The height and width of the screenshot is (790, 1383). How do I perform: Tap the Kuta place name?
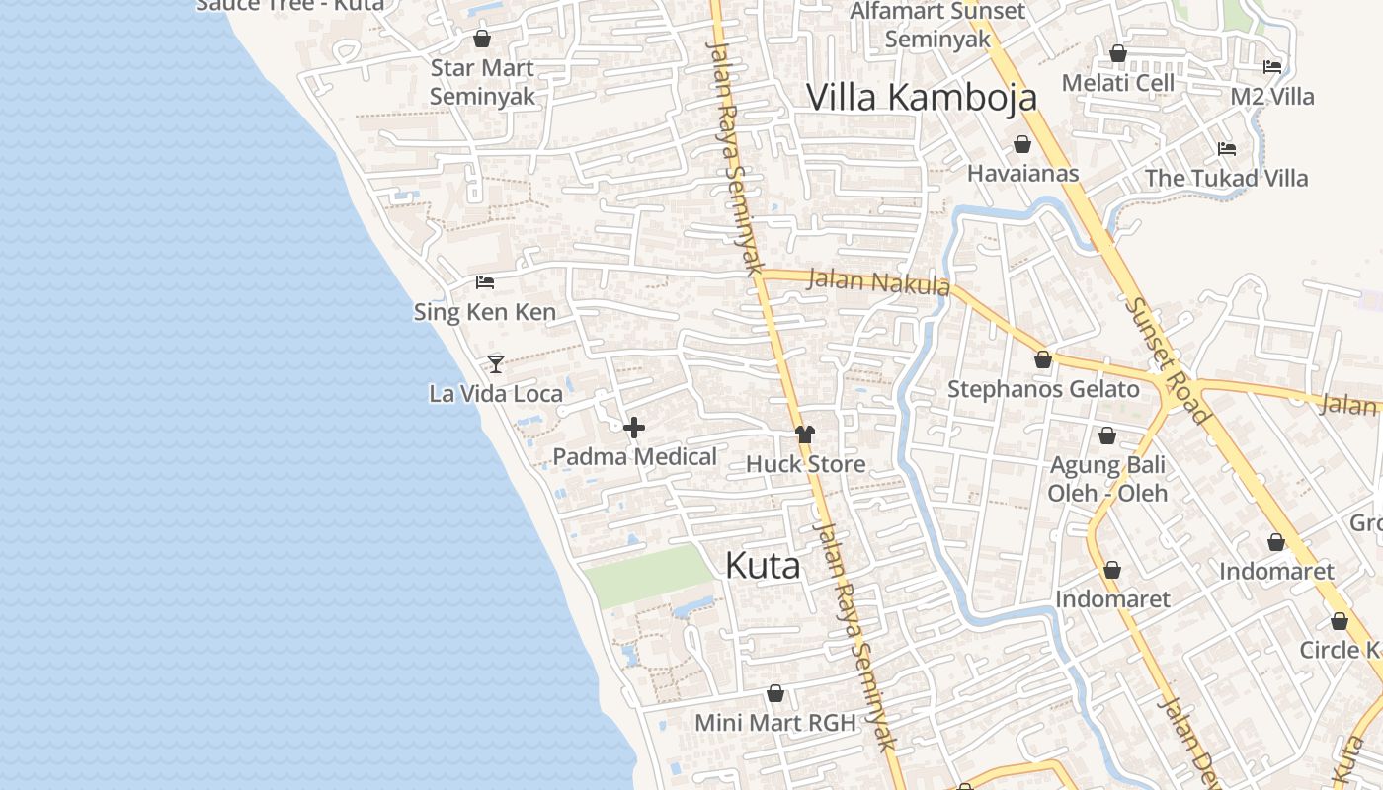click(x=763, y=566)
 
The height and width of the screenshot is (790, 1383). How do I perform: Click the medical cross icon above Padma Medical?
click(x=634, y=428)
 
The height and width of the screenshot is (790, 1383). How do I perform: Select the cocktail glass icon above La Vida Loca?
click(x=496, y=364)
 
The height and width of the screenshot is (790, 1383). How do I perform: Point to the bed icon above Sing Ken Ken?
click(x=485, y=282)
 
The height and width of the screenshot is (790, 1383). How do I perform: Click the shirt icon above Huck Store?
click(x=805, y=434)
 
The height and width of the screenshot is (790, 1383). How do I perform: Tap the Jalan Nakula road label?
click(x=878, y=282)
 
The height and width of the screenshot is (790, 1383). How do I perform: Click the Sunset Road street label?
click(x=1168, y=360)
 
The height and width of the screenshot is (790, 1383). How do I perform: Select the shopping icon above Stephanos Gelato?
click(x=1043, y=360)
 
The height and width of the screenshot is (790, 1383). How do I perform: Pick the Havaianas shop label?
click(x=1022, y=174)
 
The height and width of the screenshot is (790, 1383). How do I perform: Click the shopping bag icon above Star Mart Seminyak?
click(x=482, y=39)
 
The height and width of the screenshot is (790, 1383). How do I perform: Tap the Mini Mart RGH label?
click(x=775, y=722)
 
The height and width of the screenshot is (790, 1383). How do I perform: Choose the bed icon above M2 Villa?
click(x=1272, y=67)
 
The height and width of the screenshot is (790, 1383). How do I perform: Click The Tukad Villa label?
click(x=1226, y=179)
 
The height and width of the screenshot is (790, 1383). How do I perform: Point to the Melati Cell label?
click(x=1118, y=83)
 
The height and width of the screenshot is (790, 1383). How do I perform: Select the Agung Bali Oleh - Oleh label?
click(x=1107, y=479)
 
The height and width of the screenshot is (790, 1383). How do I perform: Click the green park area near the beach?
click(x=647, y=575)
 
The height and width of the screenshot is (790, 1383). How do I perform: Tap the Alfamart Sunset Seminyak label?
click(x=937, y=26)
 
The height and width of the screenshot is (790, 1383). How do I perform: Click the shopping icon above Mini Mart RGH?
click(x=775, y=694)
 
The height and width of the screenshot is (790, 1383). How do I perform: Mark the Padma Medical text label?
click(x=634, y=457)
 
